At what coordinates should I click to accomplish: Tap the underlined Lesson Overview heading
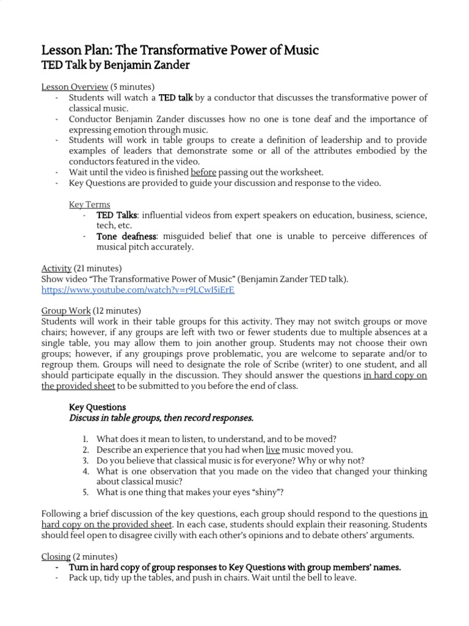pos(75,86)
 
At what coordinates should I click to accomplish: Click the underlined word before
pos(203,172)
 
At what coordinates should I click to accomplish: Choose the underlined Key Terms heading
pos(90,204)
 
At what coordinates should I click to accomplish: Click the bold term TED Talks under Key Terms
pos(117,215)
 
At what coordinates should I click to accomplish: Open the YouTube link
pos(137,290)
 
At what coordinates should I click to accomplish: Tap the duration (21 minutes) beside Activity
pos(98,268)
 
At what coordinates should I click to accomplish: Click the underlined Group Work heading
pos(66,311)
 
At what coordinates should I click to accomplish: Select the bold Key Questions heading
pos(98,407)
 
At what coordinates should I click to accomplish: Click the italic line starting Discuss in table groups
pos(161,418)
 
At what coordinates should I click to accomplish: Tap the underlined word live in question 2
pos(273,450)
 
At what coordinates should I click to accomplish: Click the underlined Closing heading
pos(56,557)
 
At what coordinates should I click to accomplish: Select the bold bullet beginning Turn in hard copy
pos(234,567)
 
